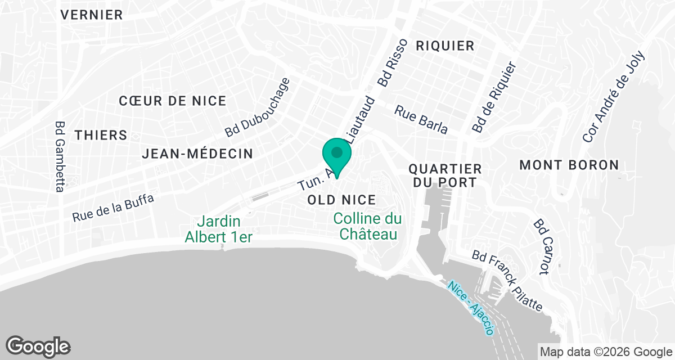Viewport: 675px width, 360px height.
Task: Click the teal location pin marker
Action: pos(337,155)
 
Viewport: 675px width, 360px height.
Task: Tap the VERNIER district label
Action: pos(92,15)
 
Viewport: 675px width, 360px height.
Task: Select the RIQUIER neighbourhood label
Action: pos(445,46)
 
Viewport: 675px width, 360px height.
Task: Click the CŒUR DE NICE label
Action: pos(173,101)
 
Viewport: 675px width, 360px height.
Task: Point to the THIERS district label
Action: pos(101,136)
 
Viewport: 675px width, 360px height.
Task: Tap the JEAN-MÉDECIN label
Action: pos(197,154)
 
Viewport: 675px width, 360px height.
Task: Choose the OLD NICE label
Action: pos(341,200)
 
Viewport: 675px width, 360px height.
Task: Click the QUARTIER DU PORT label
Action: pos(445,175)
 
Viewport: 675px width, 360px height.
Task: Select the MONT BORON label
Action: pos(569,165)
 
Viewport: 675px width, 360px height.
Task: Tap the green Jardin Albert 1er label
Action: pos(219,229)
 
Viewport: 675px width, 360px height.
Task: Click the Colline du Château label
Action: pos(368,226)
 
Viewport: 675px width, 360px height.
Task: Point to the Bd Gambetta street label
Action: pos(60,157)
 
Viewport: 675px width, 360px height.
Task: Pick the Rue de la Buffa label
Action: pos(113,208)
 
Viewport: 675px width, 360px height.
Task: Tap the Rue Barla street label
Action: pos(421,120)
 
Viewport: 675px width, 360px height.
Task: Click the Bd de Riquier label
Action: pos(493,97)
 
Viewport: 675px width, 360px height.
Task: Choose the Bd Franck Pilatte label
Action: pos(507,281)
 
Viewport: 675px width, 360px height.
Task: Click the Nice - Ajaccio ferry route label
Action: pos(471,308)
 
